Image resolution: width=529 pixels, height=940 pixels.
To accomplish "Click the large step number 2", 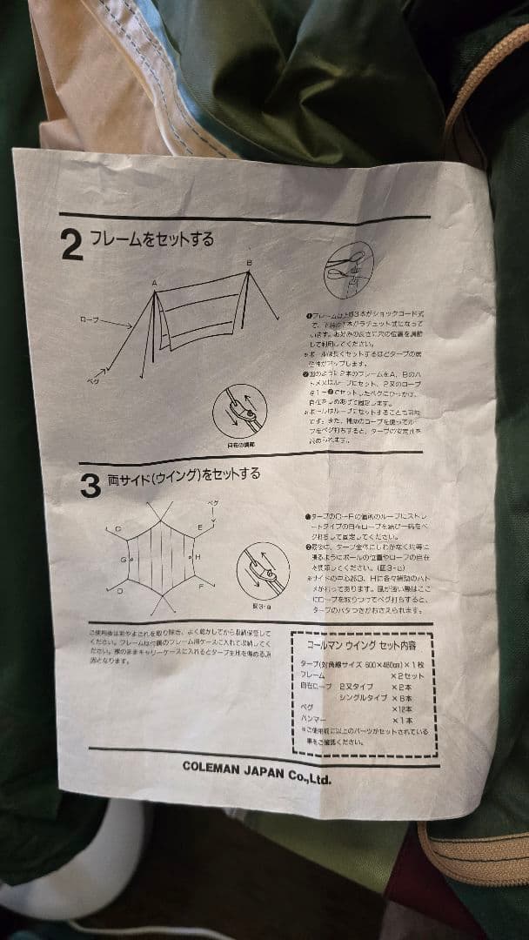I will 73,245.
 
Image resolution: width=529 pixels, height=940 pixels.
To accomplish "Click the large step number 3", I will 90,486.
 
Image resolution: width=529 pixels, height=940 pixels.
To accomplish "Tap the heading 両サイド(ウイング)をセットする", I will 183,476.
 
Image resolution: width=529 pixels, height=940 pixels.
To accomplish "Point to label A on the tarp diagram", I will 154,283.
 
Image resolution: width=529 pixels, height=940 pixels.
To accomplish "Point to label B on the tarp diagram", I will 248,262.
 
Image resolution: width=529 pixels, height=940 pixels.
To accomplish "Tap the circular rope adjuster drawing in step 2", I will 239,411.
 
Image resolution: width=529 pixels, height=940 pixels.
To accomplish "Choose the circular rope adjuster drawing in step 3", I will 263,570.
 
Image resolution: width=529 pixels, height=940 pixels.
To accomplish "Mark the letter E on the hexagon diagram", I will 200,527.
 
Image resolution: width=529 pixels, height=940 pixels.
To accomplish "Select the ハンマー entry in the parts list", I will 315,720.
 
